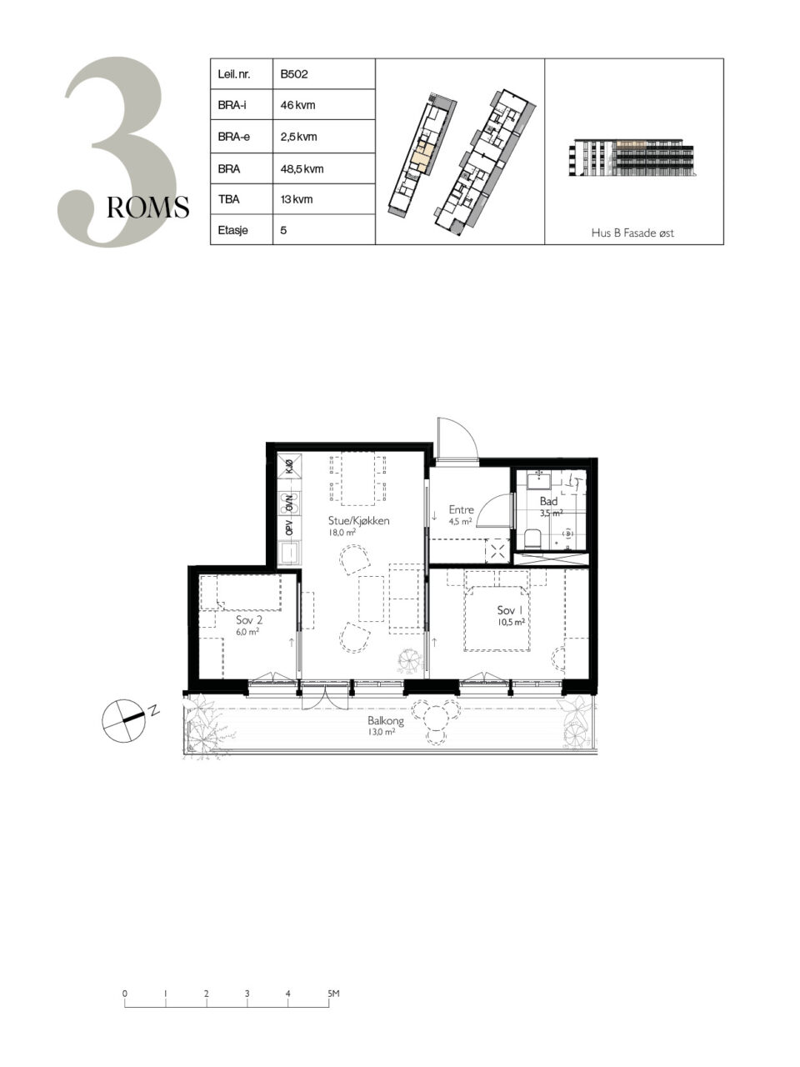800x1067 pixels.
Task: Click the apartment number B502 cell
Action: click(x=294, y=74)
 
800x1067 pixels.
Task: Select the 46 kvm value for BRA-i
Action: click(x=297, y=105)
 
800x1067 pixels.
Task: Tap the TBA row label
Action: click(x=228, y=199)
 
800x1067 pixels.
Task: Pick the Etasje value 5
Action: click(x=283, y=230)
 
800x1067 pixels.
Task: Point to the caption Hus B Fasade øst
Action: click(x=632, y=233)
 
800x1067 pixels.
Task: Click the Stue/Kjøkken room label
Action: click(x=358, y=521)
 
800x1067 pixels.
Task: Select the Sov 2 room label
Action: click(x=249, y=620)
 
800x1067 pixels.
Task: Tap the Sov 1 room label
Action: click(x=509, y=610)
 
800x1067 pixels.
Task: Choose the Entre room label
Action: click(x=461, y=509)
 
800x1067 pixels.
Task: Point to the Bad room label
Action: click(x=548, y=501)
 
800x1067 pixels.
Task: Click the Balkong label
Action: click(x=385, y=720)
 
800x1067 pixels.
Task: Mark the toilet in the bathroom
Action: click(x=532, y=539)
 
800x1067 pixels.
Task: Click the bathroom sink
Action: click(x=538, y=479)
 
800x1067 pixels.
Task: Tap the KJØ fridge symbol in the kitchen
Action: click(x=289, y=466)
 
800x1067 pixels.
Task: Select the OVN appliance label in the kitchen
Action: click(x=289, y=503)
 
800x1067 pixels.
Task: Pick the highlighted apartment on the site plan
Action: click(x=421, y=159)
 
